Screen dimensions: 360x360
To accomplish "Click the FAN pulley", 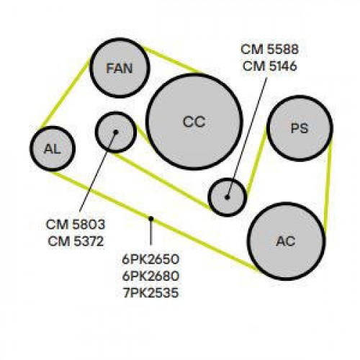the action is coord(120,68).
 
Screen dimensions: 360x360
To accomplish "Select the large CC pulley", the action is coord(194,122).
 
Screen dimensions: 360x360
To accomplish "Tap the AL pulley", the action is coord(53,149).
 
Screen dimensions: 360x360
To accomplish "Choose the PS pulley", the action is coord(300,128).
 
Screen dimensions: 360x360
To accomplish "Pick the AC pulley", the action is coord(287,241).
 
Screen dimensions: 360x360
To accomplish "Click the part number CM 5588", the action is coord(269,50).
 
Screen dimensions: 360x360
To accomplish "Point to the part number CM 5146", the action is coord(269,66).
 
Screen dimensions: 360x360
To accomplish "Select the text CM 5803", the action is coord(76,225).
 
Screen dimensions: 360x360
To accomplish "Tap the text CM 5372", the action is coord(76,241).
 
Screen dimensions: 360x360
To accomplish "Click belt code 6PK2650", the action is coord(150,259).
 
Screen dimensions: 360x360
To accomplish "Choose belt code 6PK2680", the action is coord(150,276).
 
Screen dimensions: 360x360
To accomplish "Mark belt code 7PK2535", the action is coord(150,293).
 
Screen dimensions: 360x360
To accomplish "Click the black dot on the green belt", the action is coord(150,218).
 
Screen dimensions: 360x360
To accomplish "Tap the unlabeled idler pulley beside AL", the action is coord(116,132).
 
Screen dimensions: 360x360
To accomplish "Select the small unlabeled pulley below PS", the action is coord(228,197).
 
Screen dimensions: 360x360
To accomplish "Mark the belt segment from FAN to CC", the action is coord(174,60).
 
